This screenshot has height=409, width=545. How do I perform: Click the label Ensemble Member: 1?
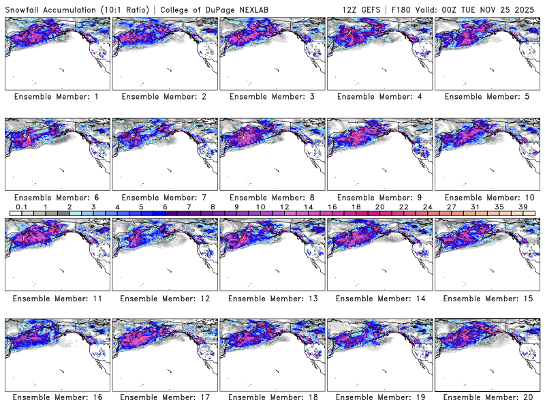tap(56, 97)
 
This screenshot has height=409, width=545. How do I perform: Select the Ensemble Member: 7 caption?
tap(163, 198)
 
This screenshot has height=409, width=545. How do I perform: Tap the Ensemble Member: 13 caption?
tap(271, 299)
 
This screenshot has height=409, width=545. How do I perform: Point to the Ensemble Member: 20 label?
tap(486, 397)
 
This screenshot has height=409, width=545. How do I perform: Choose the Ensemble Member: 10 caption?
tap(486, 198)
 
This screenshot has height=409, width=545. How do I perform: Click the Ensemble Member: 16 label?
tap(56, 397)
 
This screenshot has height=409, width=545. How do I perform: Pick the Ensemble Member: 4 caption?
tap(379, 97)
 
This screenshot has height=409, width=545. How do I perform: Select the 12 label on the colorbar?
tap(283, 207)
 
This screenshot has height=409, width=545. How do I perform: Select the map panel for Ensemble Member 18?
tap(272, 354)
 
